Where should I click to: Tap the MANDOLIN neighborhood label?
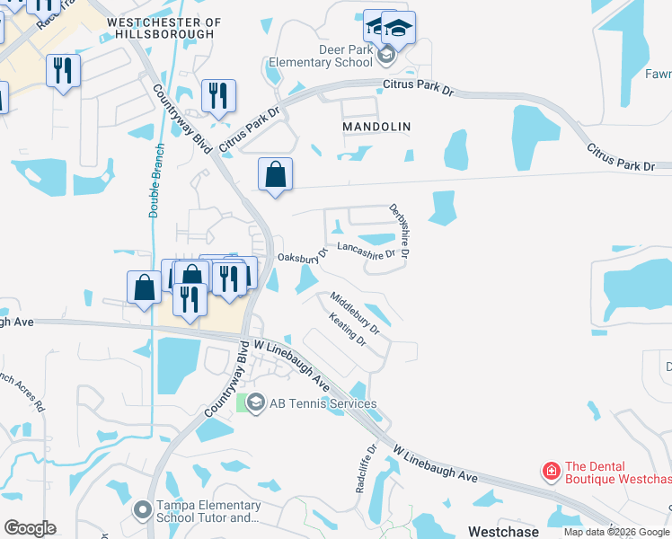(x=376, y=128)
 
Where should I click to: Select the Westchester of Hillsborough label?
(x=163, y=27)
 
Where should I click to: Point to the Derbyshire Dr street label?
(x=399, y=233)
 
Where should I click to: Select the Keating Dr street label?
(x=348, y=330)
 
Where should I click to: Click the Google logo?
(x=30, y=528)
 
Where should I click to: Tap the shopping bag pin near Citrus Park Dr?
(x=276, y=174)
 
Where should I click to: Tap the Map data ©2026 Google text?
(x=617, y=533)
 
